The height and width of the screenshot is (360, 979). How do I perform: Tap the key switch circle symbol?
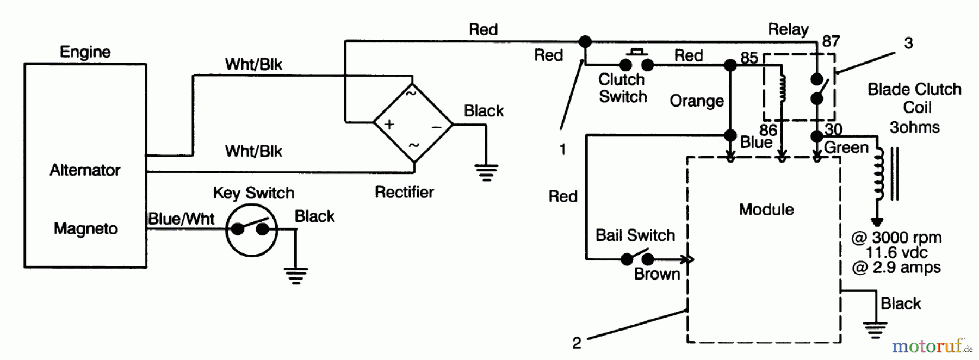click(x=251, y=229)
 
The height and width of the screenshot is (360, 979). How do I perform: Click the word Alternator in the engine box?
click(x=85, y=170)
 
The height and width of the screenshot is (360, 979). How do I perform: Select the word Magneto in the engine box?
click(x=85, y=228)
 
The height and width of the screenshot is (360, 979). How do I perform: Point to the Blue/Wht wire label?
click(x=181, y=219)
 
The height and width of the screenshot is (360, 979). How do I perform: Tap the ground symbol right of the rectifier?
click(x=486, y=172)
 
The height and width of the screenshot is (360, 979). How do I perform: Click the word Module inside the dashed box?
click(x=766, y=209)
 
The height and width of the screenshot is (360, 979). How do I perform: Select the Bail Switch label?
click(x=635, y=235)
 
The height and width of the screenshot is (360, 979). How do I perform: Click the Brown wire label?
click(x=657, y=274)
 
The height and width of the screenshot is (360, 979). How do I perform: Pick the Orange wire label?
click(x=697, y=101)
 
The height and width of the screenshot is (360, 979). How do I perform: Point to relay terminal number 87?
click(x=831, y=42)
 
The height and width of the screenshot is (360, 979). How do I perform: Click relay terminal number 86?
click(x=768, y=130)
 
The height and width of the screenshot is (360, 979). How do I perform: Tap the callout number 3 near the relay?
click(x=908, y=44)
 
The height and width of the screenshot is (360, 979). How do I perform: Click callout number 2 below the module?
click(x=577, y=343)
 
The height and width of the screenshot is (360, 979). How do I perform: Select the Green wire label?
click(x=846, y=147)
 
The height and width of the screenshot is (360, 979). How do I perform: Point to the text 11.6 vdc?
click(x=896, y=252)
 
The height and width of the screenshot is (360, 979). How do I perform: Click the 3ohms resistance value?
click(x=914, y=127)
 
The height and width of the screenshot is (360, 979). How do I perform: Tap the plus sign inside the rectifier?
click(x=389, y=125)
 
